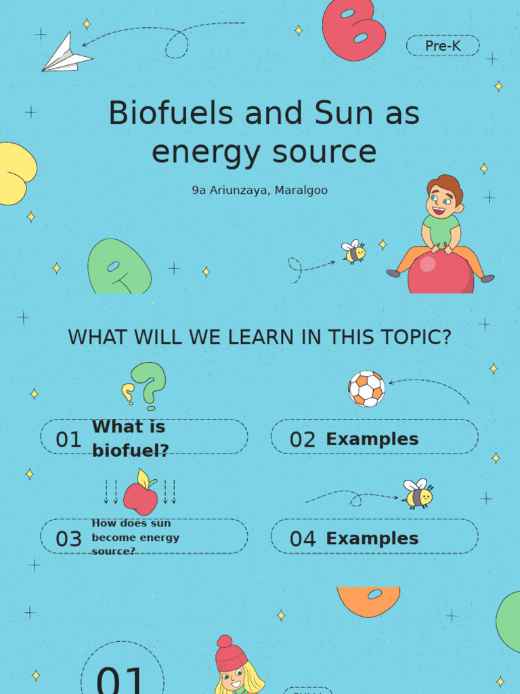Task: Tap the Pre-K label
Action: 443,46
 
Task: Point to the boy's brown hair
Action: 446,186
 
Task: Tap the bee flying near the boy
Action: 354,251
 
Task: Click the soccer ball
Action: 366,388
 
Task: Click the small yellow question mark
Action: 127,393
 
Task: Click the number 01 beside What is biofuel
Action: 68,440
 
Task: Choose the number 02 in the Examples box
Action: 303,440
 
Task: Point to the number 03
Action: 68,539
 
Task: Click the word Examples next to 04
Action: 372,539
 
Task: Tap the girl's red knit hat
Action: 230,654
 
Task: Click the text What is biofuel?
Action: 130,438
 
